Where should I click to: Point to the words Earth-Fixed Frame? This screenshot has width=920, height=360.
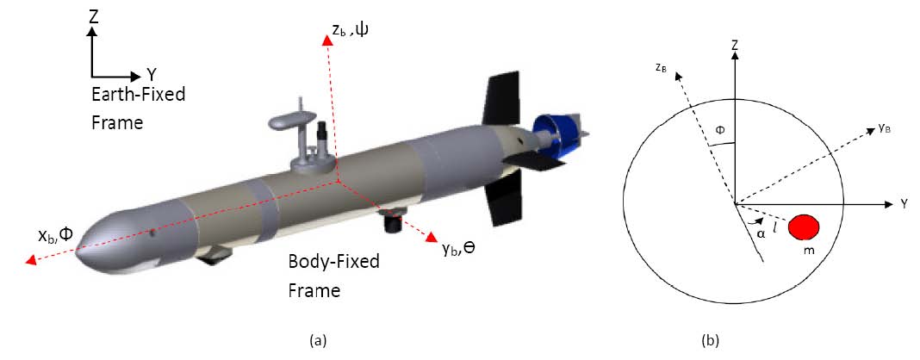click(x=138, y=108)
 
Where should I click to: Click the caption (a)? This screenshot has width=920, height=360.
click(x=317, y=341)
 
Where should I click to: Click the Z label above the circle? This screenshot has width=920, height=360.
click(x=734, y=42)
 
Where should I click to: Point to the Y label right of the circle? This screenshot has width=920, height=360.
click(x=905, y=204)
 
